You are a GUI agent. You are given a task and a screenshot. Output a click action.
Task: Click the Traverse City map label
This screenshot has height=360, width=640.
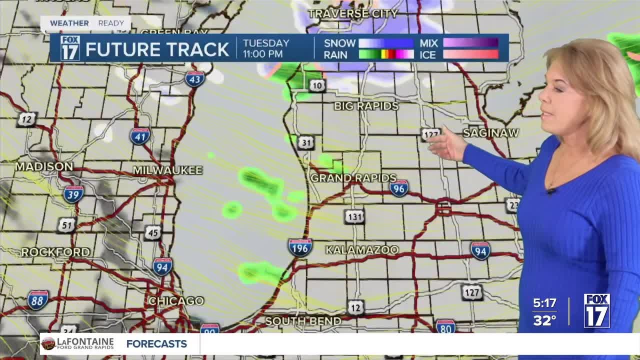pyautogui.click(x=353, y=13)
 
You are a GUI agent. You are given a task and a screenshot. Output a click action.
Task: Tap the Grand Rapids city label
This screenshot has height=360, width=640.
pyautogui.click(x=353, y=178)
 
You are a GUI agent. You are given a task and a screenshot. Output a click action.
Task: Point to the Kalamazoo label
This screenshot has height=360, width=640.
pyautogui.click(x=362, y=249)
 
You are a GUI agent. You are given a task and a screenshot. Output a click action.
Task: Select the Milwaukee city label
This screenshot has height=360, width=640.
pyautogui.click(x=167, y=170)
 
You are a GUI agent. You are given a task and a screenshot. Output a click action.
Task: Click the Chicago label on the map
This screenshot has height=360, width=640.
pyautogui.click(x=176, y=301)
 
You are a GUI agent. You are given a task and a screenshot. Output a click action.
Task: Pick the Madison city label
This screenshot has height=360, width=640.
pyautogui.click(x=44, y=166)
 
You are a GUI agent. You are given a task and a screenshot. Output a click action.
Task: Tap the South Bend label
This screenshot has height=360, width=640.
pyautogui.click(x=303, y=321)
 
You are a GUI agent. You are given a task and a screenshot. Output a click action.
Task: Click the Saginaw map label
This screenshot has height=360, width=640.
pyautogui.click(x=490, y=133)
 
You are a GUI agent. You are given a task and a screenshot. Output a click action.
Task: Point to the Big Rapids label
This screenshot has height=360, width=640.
pyautogui.click(x=366, y=106)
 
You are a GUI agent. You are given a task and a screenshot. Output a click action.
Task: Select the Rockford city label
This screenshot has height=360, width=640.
pyautogui.click(x=55, y=252)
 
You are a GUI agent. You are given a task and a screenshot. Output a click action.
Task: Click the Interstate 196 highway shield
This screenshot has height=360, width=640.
pyautogui.click(x=300, y=247)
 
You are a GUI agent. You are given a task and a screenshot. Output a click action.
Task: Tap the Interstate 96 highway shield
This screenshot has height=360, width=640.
pyautogui.click(x=399, y=188)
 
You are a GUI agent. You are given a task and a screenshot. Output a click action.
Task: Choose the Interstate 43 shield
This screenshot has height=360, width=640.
pyautogui.click(x=194, y=78)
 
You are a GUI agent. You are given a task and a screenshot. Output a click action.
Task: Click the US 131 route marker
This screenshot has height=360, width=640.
pyautogui.click(x=354, y=216)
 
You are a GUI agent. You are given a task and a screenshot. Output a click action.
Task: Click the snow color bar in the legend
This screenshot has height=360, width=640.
pyautogui.click(x=386, y=43)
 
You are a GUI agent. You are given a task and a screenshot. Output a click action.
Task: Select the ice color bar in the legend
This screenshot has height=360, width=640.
pyautogui.click(x=470, y=54)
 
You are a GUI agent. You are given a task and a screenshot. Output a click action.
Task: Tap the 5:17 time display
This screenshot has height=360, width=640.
pyautogui.click(x=544, y=303)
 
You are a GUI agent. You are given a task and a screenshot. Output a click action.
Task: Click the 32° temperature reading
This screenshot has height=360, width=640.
pyautogui.click(x=544, y=320)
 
